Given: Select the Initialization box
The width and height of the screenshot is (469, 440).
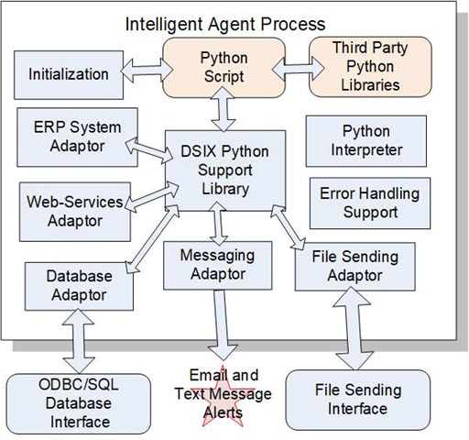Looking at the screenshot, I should (69, 74).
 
